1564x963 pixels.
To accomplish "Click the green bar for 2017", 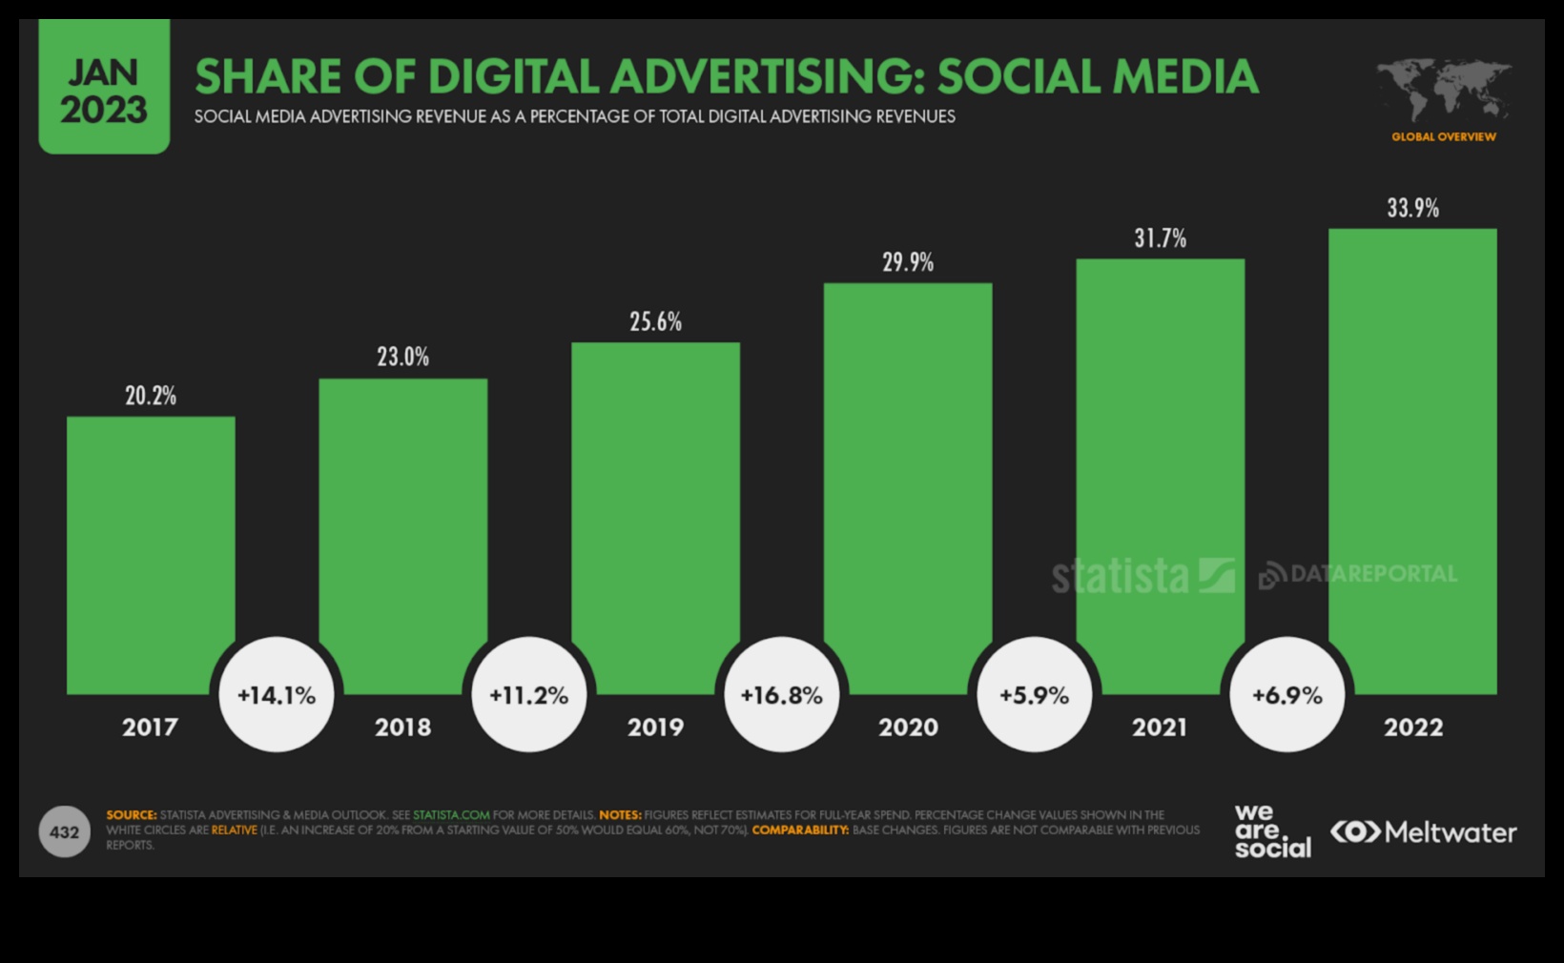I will point(151,553).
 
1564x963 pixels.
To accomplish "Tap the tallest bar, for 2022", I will point(1412,458).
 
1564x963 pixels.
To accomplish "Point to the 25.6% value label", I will point(655,322).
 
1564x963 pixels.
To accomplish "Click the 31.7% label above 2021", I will point(1160,238).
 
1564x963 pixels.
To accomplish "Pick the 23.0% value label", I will point(402,358).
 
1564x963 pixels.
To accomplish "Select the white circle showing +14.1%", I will point(277,695).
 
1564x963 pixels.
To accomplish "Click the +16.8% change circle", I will point(781,695).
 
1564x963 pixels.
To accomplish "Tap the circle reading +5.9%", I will point(1034,695).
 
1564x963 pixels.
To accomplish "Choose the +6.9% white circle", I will point(1286,695).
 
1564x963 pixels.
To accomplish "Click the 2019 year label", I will point(655,727).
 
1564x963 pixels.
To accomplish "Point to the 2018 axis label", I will point(402,727).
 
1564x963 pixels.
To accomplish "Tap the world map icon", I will point(1443,90).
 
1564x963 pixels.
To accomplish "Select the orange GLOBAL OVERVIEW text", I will point(1443,137).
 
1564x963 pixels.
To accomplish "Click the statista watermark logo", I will point(1142,576).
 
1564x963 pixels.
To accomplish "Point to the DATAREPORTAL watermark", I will point(1359,574).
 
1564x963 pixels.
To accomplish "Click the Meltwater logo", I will point(1423,832).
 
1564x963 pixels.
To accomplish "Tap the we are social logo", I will point(1271,831).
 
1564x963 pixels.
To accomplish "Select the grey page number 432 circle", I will point(64,832).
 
